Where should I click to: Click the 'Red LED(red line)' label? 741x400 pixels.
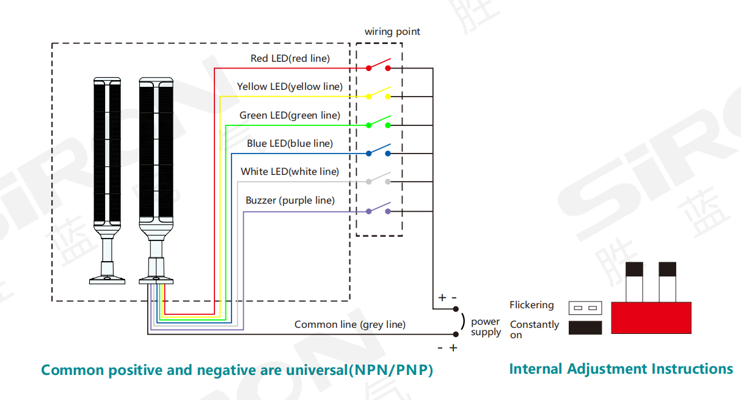coord(290,59)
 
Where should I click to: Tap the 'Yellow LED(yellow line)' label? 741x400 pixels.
coord(290,87)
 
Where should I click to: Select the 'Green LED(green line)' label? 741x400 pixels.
coord(290,115)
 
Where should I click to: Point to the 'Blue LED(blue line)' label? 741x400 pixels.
coord(290,144)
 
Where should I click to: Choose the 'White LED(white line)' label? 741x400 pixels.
coord(290,172)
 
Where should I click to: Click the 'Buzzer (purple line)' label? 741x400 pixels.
coord(290,201)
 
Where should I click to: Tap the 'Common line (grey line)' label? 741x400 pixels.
coord(349,325)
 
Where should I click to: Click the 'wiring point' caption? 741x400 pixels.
coord(392,32)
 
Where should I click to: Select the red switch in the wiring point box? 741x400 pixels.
coord(378,65)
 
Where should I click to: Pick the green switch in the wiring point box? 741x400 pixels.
coord(378,122)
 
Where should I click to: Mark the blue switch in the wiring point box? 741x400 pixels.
coord(378,150)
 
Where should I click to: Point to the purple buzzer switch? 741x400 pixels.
coord(378,208)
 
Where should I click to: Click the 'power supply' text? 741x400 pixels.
coord(486,327)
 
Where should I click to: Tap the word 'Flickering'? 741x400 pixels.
coord(531,305)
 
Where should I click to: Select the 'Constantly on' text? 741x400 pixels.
coord(534,329)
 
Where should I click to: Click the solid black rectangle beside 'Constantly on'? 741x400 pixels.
coord(585,328)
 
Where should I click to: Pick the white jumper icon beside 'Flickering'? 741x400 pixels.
coord(585,307)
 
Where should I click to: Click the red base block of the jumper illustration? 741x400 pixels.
coord(651,317)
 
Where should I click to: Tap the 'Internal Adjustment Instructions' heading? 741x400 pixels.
coord(621,369)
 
